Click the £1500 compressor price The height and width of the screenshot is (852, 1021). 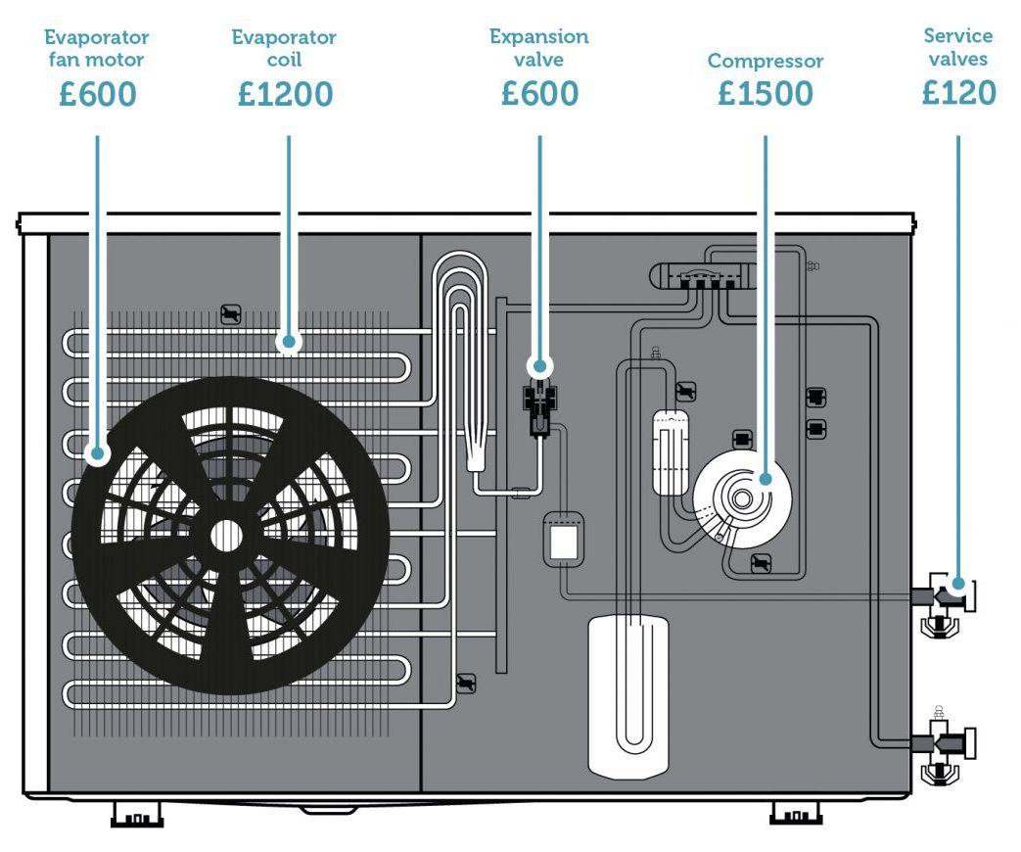pos(765,93)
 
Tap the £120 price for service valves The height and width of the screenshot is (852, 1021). pos(958,92)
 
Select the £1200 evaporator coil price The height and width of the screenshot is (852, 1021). pos(285,94)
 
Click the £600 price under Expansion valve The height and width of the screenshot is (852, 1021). pos(539,93)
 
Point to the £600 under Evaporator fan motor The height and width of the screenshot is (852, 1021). pos(96,94)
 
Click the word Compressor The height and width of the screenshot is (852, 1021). pos(765,61)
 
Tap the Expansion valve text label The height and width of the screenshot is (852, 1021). pos(539,48)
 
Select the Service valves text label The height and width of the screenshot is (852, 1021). pos(957,47)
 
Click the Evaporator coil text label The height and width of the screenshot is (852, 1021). pos(284,48)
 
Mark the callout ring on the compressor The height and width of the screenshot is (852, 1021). pos(765,480)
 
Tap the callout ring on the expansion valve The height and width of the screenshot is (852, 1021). pos(539,366)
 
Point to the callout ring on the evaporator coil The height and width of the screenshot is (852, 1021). pos(288,343)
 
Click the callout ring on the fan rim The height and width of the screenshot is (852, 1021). pos(96,453)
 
